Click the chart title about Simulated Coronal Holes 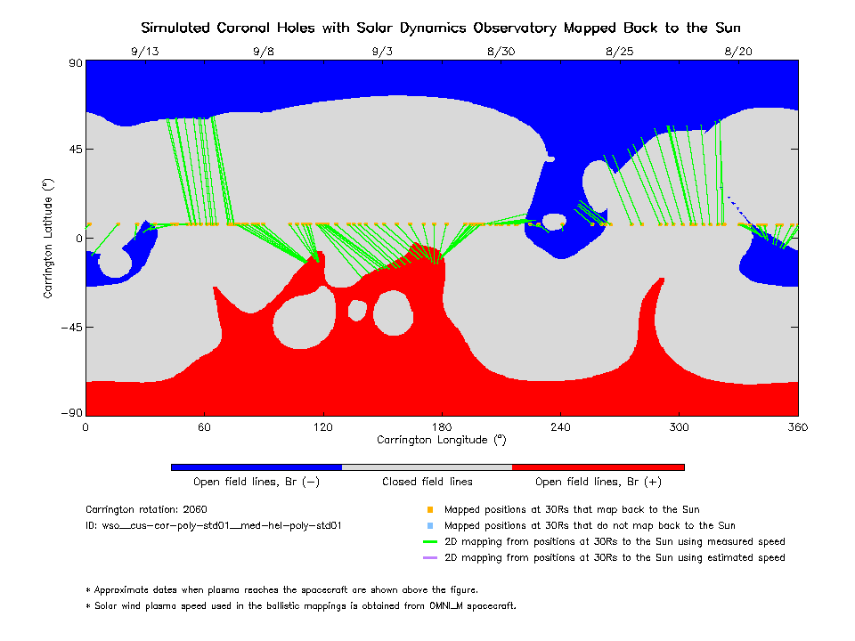coord(441,28)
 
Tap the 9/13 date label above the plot coord(144,52)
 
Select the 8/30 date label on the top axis coord(501,52)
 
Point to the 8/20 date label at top coord(738,52)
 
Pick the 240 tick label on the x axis coord(560,427)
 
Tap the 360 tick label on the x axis coord(798,427)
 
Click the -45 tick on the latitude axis coord(69,327)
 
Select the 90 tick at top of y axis coord(75,63)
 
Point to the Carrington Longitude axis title coord(441,440)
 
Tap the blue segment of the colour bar coord(256,467)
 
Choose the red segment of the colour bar coord(598,467)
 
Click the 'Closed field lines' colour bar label coord(427,482)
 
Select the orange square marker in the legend coord(429,510)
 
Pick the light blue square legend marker coord(429,526)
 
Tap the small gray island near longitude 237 coord(554,222)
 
